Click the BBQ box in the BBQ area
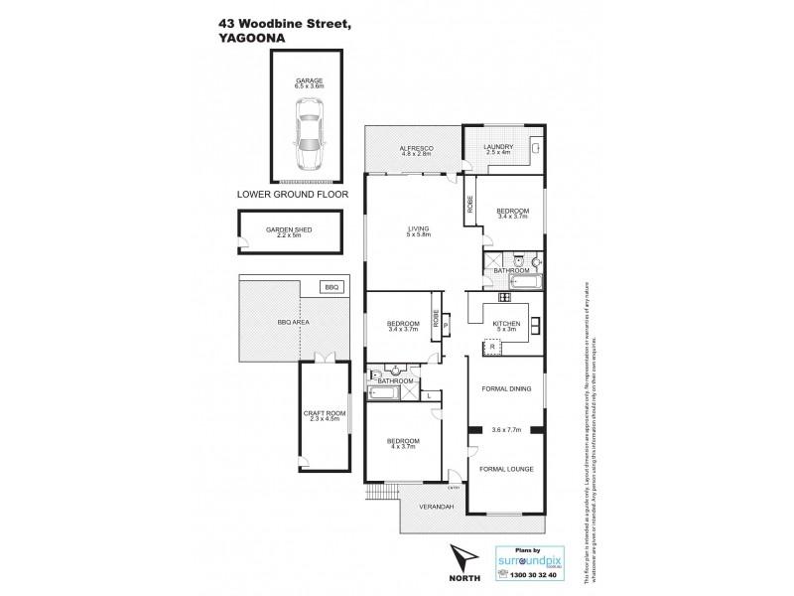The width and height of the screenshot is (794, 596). point(330,287)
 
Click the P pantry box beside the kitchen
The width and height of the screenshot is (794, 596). point(447,324)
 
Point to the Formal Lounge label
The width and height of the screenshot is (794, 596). point(505,468)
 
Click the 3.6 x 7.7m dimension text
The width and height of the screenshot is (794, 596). point(505,430)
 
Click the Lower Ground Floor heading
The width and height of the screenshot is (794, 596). point(288,197)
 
